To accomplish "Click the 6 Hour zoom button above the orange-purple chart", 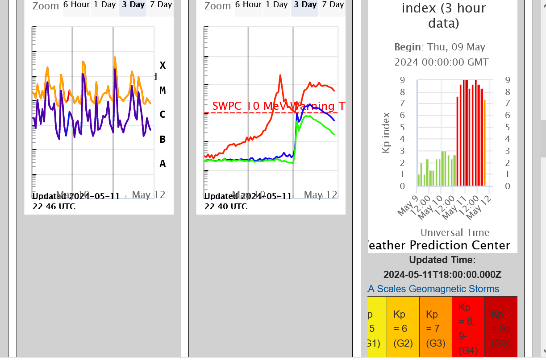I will coord(76,5).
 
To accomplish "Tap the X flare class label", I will coord(163,66).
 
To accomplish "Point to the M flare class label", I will coord(163,91).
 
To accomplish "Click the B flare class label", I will coord(163,140).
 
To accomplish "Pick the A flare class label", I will coord(163,164).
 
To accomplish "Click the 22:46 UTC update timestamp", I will coord(54,207).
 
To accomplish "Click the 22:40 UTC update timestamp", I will coord(225,207).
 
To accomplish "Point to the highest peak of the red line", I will coord(280,75).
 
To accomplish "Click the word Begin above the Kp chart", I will coord(408,47).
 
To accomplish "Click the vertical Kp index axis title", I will coord(386,132).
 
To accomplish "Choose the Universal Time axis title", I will coord(454,232).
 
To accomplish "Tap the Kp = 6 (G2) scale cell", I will coord(403,329).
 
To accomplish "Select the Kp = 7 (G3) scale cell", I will coord(435,329).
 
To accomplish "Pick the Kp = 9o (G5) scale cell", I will coord(500,329).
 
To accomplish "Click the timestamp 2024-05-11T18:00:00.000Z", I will coord(442,274).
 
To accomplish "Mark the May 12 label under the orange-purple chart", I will coord(148,195).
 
